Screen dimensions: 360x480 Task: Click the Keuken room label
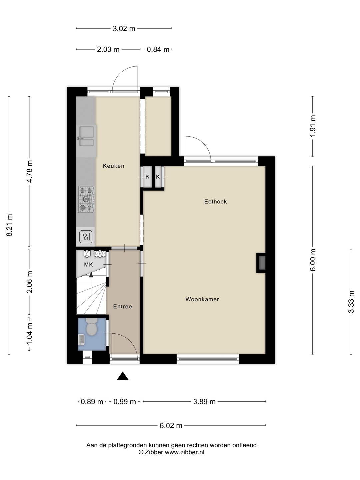pyautogui.click(x=113, y=166)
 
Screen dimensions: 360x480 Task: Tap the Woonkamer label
pyautogui.click(x=202, y=299)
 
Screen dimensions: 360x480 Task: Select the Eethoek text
pyautogui.click(x=216, y=202)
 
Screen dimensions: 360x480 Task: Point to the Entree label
pyautogui.click(x=122, y=307)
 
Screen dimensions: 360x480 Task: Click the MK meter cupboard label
pyautogui.click(x=89, y=265)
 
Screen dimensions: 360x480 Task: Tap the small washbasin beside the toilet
pyautogui.click(x=82, y=340)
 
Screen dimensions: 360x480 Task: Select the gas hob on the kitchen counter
pyautogui.click(x=87, y=199)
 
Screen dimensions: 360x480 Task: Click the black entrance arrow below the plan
pyautogui.click(x=123, y=376)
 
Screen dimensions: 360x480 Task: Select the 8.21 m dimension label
pyautogui.click(x=9, y=225)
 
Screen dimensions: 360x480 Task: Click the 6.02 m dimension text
pyautogui.click(x=171, y=425)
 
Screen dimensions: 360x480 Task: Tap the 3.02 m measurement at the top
pyautogui.click(x=124, y=28)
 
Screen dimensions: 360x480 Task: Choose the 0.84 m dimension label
pyautogui.click(x=158, y=50)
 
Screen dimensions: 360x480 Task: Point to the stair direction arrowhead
pyautogui.click(x=91, y=275)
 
